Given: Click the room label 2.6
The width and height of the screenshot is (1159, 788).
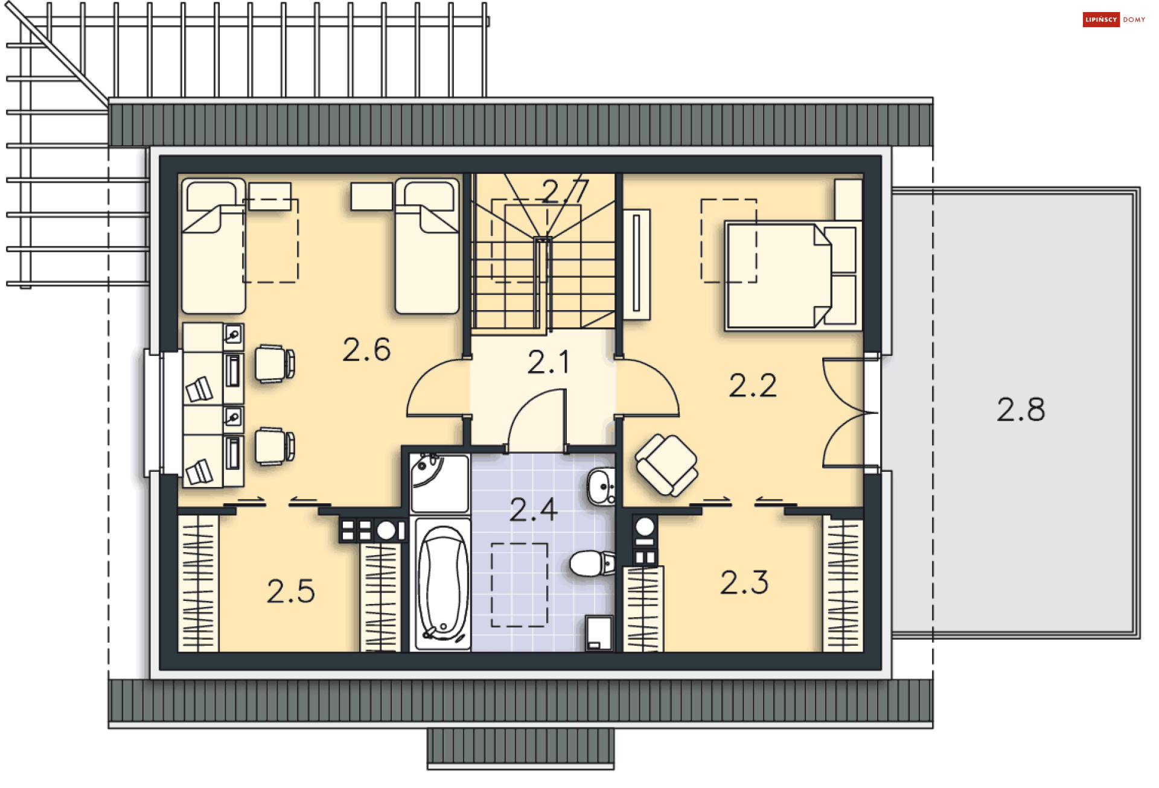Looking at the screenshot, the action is click(x=366, y=349).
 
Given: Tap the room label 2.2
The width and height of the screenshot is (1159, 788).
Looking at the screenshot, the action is click(x=752, y=386).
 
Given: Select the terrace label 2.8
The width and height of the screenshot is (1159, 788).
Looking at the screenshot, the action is click(x=1021, y=410).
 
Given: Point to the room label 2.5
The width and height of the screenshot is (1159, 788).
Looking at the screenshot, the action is click(x=291, y=591).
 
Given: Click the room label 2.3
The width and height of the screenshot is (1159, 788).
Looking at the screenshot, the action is click(x=744, y=583).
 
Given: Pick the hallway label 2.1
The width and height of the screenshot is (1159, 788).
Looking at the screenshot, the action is click(x=548, y=363).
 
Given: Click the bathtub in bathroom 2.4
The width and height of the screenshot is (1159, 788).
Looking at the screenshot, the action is click(x=442, y=583).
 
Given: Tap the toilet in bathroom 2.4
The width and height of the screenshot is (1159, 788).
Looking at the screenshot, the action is click(x=592, y=564).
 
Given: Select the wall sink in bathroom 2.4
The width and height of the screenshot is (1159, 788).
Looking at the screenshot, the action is click(x=601, y=486).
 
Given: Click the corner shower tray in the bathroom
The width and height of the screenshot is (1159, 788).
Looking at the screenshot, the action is click(x=439, y=483).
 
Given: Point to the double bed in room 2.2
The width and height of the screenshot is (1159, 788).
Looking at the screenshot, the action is click(x=793, y=276).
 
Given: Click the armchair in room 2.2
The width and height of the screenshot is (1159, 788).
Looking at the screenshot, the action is click(x=666, y=465).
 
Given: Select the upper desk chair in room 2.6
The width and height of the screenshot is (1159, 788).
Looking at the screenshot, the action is click(x=275, y=363).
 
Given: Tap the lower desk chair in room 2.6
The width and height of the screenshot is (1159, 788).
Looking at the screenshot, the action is click(x=275, y=446).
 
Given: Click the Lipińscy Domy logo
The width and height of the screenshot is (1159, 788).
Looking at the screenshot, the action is click(x=1114, y=20).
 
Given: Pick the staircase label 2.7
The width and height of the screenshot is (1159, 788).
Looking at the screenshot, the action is click(x=565, y=192).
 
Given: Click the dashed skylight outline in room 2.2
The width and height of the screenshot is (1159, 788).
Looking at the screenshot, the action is click(x=729, y=240).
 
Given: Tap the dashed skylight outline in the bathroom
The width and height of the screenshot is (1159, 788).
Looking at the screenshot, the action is click(x=519, y=585).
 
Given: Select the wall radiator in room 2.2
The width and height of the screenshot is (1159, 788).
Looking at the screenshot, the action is click(x=636, y=264).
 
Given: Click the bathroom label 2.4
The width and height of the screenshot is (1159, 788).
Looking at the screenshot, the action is click(x=534, y=510).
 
